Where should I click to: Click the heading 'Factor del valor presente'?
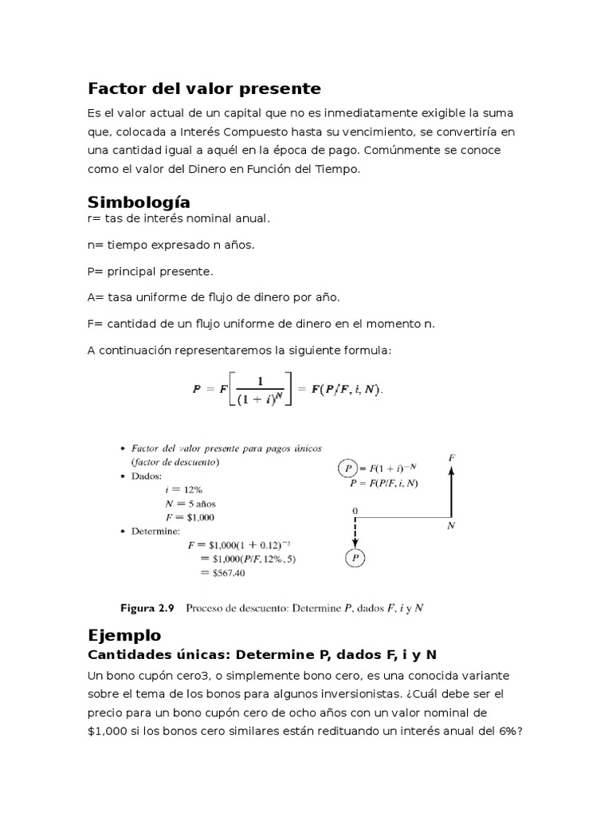pos(204,88)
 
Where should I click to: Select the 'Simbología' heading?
pos(139,201)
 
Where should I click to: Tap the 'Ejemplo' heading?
pos(124,635)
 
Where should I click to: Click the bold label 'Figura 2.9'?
pos(147,608)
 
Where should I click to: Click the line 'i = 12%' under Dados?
pos(183,490)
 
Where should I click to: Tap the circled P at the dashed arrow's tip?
pos(355,559)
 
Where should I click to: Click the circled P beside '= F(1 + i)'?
pos(347,468)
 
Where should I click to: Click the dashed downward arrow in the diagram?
pos(355,532)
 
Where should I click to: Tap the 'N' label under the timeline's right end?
pos(451,527)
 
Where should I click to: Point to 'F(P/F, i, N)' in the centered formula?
pos(346,390)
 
